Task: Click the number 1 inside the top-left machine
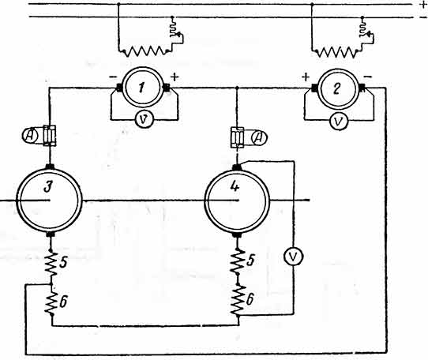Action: tap(141, 88)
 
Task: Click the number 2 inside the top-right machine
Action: tap(337, 88)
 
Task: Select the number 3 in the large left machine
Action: tap(48, 187)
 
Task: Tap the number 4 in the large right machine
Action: tap(235, 186)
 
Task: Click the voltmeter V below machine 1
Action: tap(145, 119)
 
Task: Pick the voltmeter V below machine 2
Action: tap(339, 121)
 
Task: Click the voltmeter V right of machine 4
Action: tap(293, 257)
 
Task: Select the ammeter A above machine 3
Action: tap(30, 135)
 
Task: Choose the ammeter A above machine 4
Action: tap(259, 138)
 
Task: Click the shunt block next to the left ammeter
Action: tap(50, 136)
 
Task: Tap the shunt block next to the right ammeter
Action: tap(237, 137)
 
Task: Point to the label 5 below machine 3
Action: tap(62, 262)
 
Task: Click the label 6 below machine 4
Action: tap(250, 299)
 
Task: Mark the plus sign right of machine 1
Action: tap(175, 77)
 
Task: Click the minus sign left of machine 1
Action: tap(113, 77)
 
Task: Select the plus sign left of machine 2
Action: tap(306, 77)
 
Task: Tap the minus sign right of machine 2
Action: tap(368, 77)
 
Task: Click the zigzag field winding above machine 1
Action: tap(145, 51)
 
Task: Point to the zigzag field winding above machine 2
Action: tap(337, 52)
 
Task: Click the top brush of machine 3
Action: tap(50, 167)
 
